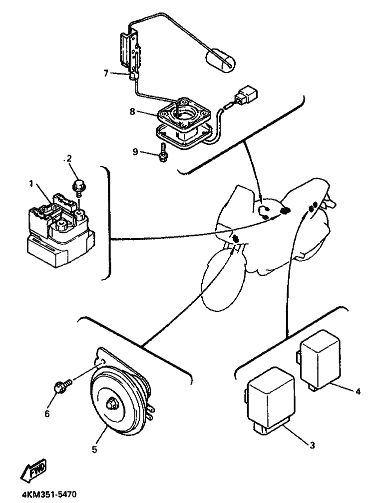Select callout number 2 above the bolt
69,159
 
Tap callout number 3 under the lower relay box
312,444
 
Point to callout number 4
358,391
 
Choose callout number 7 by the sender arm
106,73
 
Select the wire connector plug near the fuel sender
246,96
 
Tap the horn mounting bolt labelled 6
61,386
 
